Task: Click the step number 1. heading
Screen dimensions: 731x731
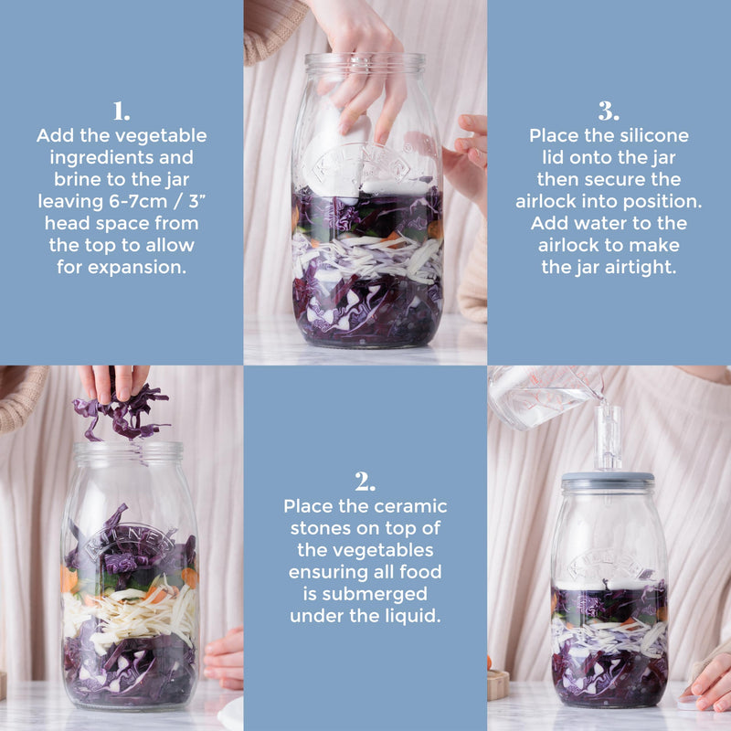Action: point(122,112)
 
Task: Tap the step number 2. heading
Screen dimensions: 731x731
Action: point(365,482)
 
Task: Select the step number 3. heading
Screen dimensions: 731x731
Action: point(609,112)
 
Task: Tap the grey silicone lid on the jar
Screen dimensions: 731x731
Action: point(608,479)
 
